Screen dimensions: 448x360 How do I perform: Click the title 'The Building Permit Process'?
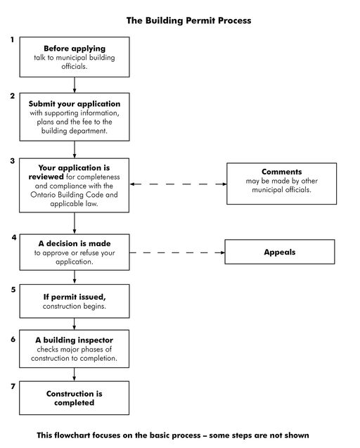pos(188,21)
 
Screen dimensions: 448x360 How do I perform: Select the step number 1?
pos(12,40)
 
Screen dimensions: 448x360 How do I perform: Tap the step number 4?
pos(13,237)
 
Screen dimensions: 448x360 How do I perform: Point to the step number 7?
pos(13,386)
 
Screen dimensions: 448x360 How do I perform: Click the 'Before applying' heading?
pos(74,49)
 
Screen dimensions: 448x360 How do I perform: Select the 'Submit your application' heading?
pos(75,103)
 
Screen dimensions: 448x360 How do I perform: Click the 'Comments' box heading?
pos(281,172)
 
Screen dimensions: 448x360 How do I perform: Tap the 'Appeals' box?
pos(280,252)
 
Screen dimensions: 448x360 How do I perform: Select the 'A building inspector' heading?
pos(74,340)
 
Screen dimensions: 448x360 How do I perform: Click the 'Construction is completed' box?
pos(74,398)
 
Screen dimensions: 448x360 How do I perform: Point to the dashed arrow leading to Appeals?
pos(176,252)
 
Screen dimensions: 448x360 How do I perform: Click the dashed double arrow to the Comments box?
pos(178,184)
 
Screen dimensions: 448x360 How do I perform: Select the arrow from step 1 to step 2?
pos(75,84)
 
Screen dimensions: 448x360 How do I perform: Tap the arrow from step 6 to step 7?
pos(75,373)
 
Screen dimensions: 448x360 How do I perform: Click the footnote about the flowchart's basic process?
pos(173,435)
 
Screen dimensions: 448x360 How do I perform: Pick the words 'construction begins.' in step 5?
pos(75,307)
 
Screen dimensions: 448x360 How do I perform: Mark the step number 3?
pos(13,161)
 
